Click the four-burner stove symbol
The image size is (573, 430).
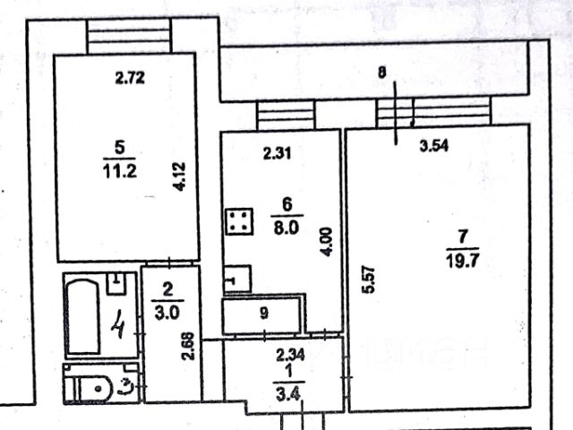(238, 221)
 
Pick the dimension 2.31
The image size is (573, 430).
(278, 153)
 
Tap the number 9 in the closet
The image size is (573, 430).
(263, 314)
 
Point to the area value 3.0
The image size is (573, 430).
(167, 313)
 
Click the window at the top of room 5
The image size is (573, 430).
(128, 36)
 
